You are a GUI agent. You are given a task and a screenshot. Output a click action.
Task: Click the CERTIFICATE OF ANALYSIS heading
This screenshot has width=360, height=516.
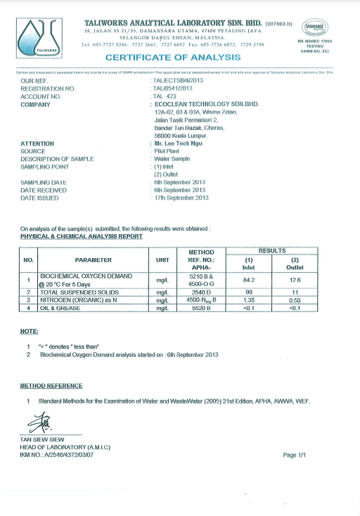[x=173, y=57]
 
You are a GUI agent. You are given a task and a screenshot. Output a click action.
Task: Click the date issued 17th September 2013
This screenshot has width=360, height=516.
[x=181, y=198]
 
